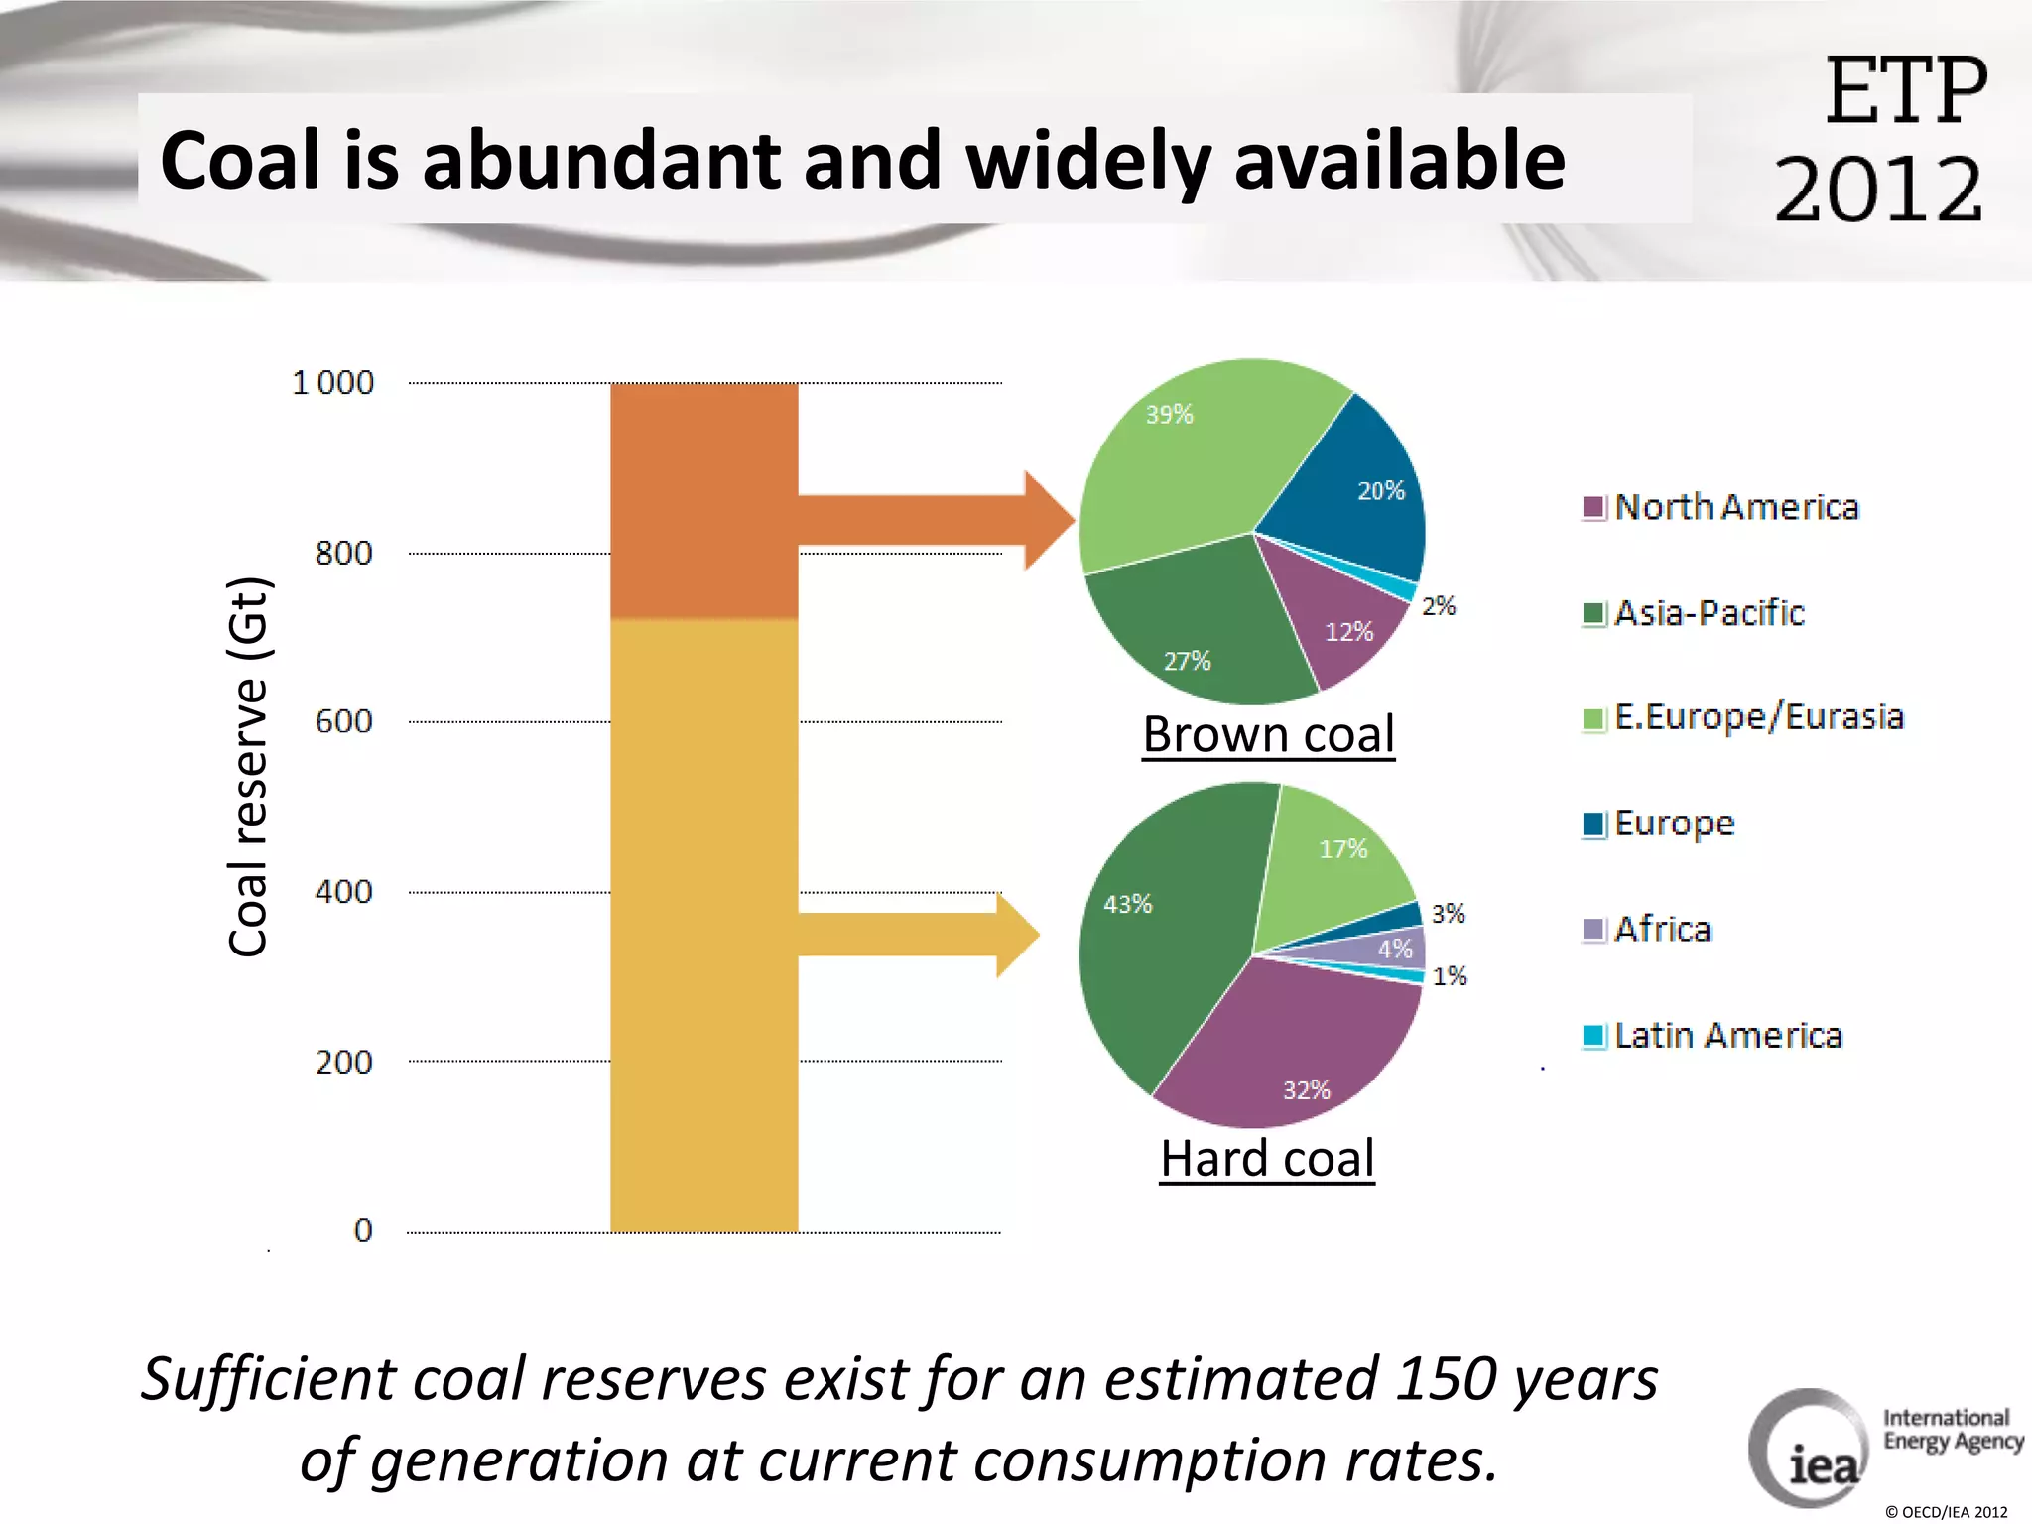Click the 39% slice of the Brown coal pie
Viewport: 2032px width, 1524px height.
pos(1191,456)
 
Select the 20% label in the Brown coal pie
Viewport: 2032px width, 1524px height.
pos(1380,491)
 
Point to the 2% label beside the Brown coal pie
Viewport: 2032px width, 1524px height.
pos(1438,606)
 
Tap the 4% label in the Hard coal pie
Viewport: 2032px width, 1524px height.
pos(1394,950)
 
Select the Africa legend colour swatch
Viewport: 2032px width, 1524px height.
pos(1593,930)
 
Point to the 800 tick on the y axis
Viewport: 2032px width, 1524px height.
pos(344,553)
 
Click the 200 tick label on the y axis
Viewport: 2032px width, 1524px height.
pos(344,1063)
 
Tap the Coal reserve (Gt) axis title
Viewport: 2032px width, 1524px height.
pos(248,766)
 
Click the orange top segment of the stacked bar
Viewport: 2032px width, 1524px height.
pos(703,501)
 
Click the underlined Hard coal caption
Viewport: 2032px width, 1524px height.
pos(1267,1159)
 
